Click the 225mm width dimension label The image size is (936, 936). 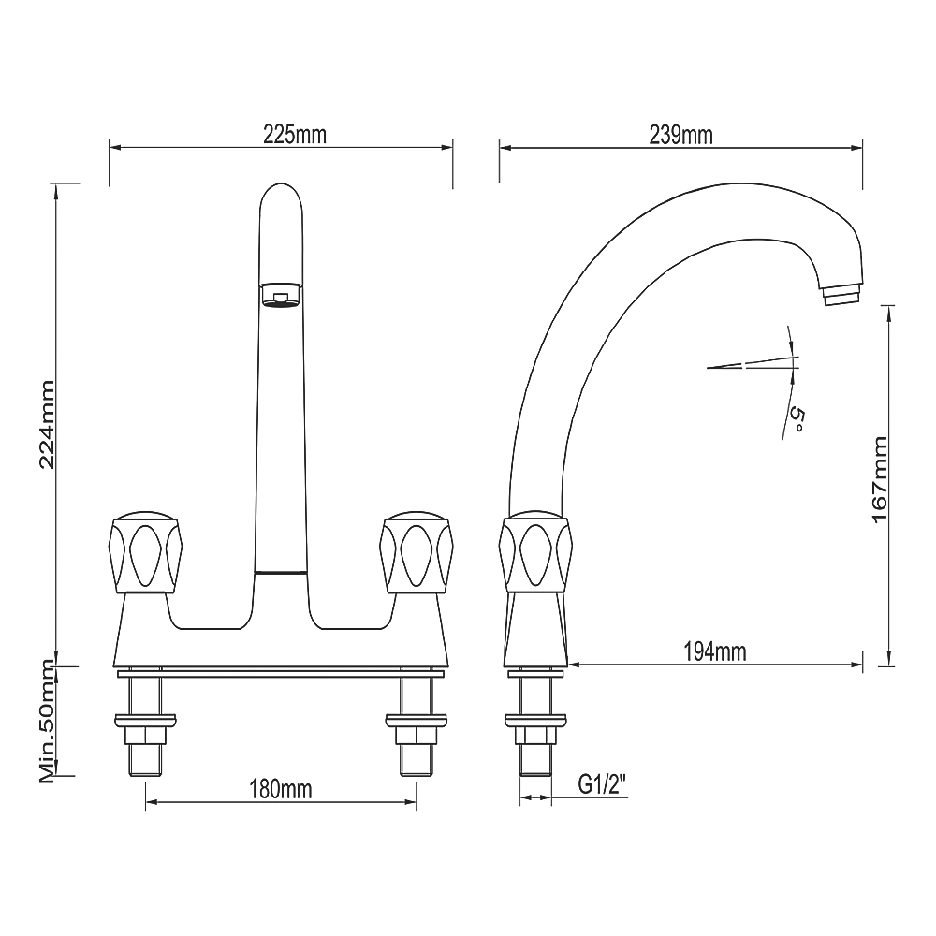click(x=295, y=135)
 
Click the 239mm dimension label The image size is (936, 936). click(x=680, y=135)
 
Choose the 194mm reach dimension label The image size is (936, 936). click(x=714, y=651)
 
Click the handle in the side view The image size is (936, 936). click(x=535, y=553)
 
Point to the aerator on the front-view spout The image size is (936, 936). click(x=280, y=296)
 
